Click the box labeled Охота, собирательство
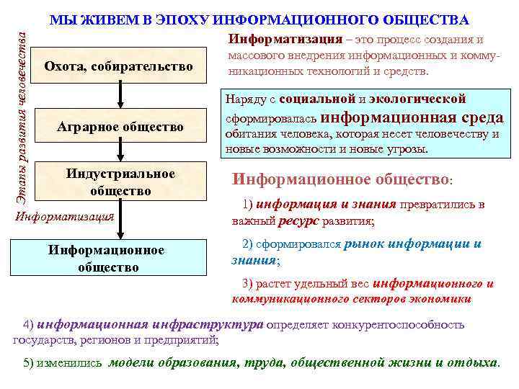point(120,67)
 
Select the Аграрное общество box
point(120,128)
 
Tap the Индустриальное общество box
point(120,182)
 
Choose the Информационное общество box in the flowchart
point(120,259)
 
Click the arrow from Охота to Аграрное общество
point(120,97)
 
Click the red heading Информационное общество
point(340,179)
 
